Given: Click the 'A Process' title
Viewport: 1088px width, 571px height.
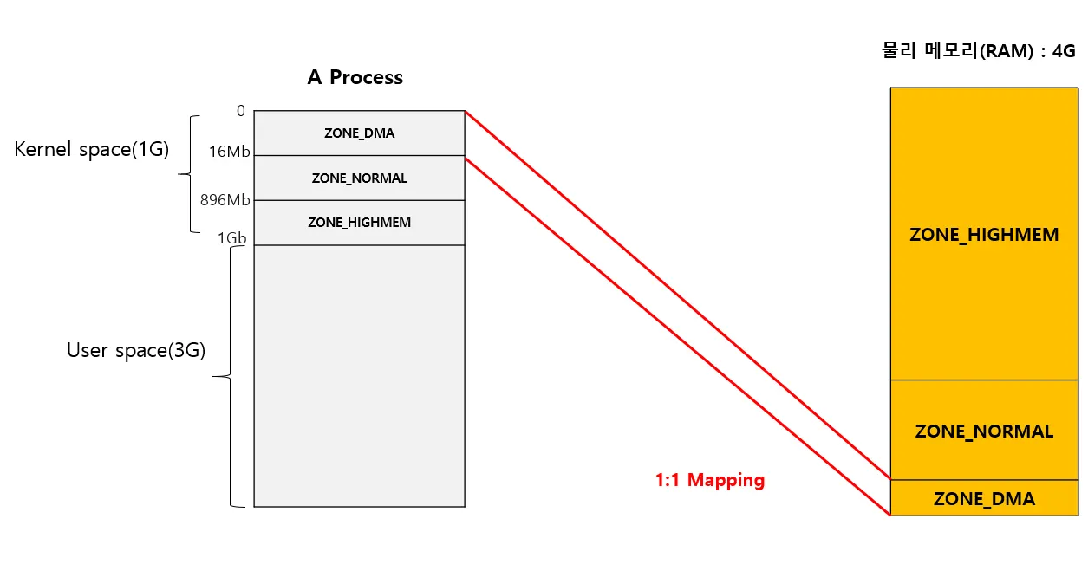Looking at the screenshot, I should click(x=355, y=77).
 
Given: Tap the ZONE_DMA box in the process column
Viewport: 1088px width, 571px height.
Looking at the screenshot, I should click(x=359, y=133).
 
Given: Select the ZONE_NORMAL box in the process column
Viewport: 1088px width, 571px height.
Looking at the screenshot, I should click(x=359, y=178).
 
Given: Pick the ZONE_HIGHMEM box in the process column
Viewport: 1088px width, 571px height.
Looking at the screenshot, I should click(x=359, y=223).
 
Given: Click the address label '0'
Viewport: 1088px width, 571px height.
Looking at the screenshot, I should click(x=240, y=111).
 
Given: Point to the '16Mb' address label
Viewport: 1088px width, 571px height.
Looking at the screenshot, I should click(x=230, y=152).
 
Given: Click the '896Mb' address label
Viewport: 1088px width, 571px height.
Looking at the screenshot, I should click(x=225, y=200).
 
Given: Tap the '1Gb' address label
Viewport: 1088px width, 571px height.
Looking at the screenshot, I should click(x=232, y=238).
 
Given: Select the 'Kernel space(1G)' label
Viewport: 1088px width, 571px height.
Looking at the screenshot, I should click(x=91, y=149).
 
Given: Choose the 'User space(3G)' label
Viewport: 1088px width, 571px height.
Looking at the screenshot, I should click(x=136, y=350).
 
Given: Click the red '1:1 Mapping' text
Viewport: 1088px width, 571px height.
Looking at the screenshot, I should click(x=710, y=480).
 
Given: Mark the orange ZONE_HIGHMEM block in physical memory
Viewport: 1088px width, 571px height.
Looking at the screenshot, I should click(x=984, y=235).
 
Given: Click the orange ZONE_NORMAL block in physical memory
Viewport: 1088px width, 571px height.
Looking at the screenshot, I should click(x=984, y=431).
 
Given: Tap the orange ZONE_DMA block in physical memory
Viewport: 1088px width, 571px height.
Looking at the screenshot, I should click(x=984, y=498).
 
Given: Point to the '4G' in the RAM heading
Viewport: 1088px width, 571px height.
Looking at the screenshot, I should click(x=1064, y=51).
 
